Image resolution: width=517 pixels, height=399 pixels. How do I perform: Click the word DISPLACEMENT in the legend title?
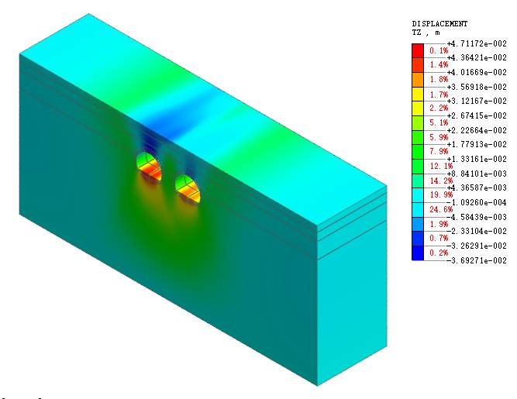pos(439,24)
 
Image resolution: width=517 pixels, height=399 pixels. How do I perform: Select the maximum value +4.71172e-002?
pos(477,43)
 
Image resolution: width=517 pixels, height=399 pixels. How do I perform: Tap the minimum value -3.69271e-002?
pos(477,260)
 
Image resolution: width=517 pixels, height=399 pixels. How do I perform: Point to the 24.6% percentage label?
pos(439,209)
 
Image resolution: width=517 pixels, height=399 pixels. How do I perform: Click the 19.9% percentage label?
pos(439,194)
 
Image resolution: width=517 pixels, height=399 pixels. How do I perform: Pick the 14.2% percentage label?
pos(439,181)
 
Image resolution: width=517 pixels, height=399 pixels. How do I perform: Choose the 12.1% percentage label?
pos(439,166)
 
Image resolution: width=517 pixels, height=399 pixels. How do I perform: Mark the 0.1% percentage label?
pos(439,50)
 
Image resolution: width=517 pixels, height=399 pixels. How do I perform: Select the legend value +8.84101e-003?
pos(477,174)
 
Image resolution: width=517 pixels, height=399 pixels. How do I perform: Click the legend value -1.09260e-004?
pos(477,202)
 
